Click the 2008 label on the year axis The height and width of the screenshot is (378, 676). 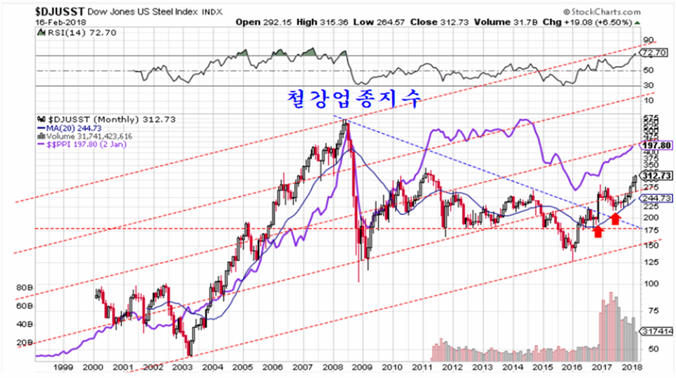click(x=334, y=367)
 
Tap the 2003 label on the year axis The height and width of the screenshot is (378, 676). click(x=182, y=367)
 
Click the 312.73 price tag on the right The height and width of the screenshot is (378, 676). click(x=654, y=175)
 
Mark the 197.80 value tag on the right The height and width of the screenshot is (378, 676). click(x=654, y=145)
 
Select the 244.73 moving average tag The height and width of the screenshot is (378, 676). click(x=654, y=199)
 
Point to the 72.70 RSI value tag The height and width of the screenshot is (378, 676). click(x=654, y=53)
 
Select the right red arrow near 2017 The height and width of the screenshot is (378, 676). click(x=615, y=218)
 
